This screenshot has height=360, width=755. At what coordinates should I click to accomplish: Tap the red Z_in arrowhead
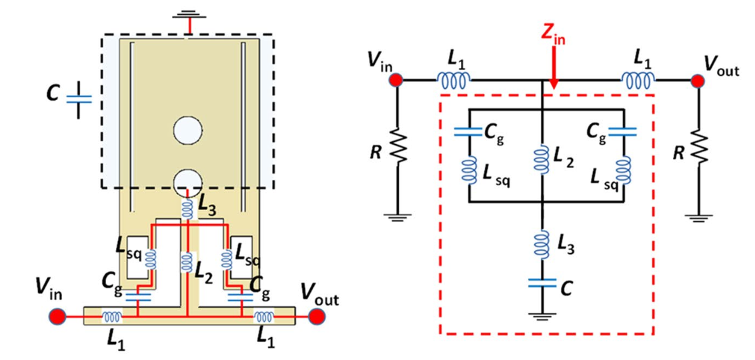[x=553, y=83]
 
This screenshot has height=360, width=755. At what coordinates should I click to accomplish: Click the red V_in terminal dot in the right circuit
[x=396, y=80]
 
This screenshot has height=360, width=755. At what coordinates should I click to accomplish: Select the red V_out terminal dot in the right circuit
[x=698, y=81]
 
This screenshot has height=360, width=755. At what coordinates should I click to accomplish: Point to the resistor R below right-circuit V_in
[x=398, y=148]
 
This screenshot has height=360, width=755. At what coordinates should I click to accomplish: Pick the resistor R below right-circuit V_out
[x=698, y=148]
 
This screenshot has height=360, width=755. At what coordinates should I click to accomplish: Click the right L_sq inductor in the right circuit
[x=625, y=170]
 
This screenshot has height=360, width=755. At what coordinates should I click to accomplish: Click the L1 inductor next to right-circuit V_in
[x=454, y=81]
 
